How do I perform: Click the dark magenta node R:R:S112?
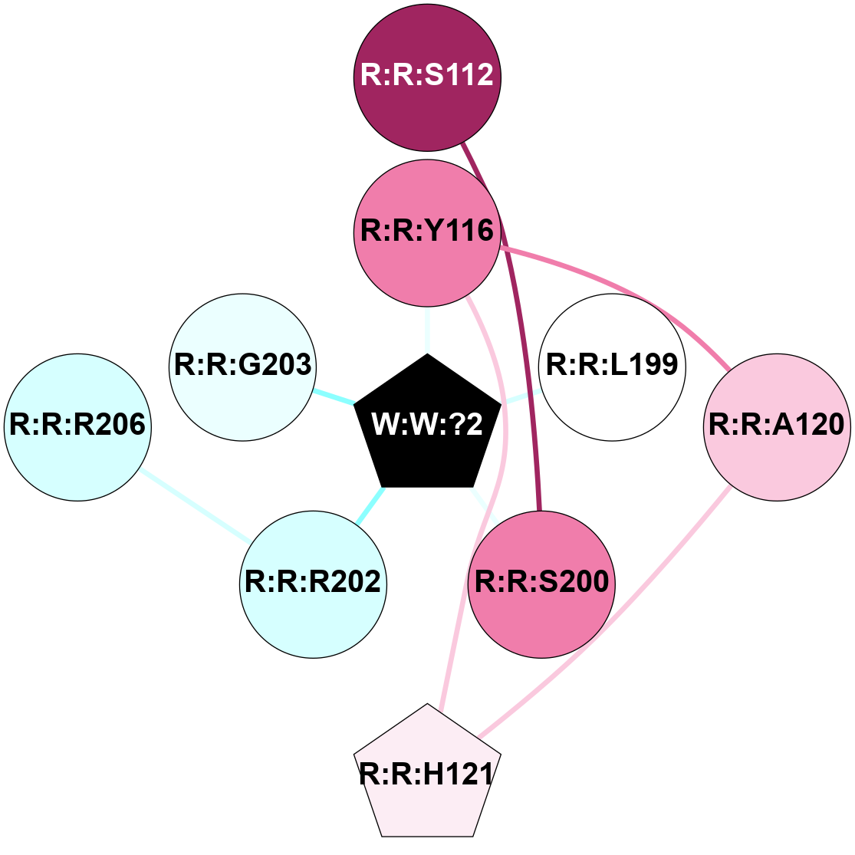pos(427,76)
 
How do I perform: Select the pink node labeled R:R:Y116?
pos(427,232)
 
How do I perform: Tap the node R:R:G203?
pos(242,367)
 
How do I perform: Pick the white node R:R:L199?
pos(612,367)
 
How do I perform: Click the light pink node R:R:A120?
pos(776,426)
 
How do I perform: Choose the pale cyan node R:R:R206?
pos(77,426)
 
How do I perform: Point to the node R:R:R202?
pos(313,584)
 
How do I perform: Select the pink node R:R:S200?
pos(541,584)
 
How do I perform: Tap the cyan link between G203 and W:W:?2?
pos(334,396)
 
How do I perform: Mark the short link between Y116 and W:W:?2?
pos(427,330)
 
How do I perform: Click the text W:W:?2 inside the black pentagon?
pos(427,424)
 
